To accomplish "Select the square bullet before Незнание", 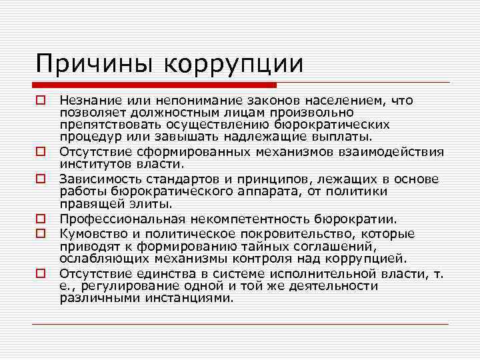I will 41,101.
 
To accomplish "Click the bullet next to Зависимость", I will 41,179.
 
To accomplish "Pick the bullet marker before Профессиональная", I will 41,219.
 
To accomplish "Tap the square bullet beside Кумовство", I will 41,233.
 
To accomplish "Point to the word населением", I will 343,101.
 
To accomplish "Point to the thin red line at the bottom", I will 240,323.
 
